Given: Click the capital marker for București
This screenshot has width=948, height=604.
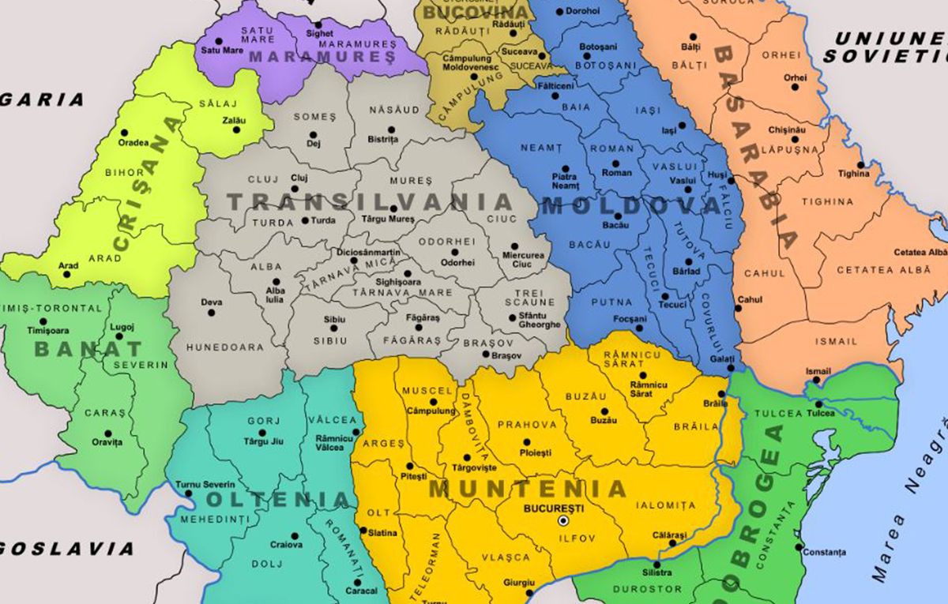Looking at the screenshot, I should click(x=563, y=521).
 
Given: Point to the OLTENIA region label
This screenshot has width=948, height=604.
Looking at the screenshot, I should click(x=277, y=500).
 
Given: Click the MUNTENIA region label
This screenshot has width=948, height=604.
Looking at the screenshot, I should click(x=527, y=489).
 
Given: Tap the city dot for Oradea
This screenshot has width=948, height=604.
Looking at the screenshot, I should click(x=124, y=133).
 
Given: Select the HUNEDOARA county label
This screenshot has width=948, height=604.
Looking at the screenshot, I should click(x=223, y=347).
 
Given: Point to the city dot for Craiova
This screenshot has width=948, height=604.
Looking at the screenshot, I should click(x=295, y=535).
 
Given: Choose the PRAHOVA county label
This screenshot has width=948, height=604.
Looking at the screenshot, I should click(x=521, y=425).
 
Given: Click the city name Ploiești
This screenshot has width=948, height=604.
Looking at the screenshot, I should click(x=536, y=452).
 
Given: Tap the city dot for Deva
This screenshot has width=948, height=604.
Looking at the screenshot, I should click(x=211, y=313).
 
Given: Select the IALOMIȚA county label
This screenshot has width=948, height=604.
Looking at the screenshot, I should click(x=673, y=505).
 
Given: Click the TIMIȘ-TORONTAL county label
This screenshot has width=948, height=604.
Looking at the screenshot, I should click(x=54, y=309).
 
